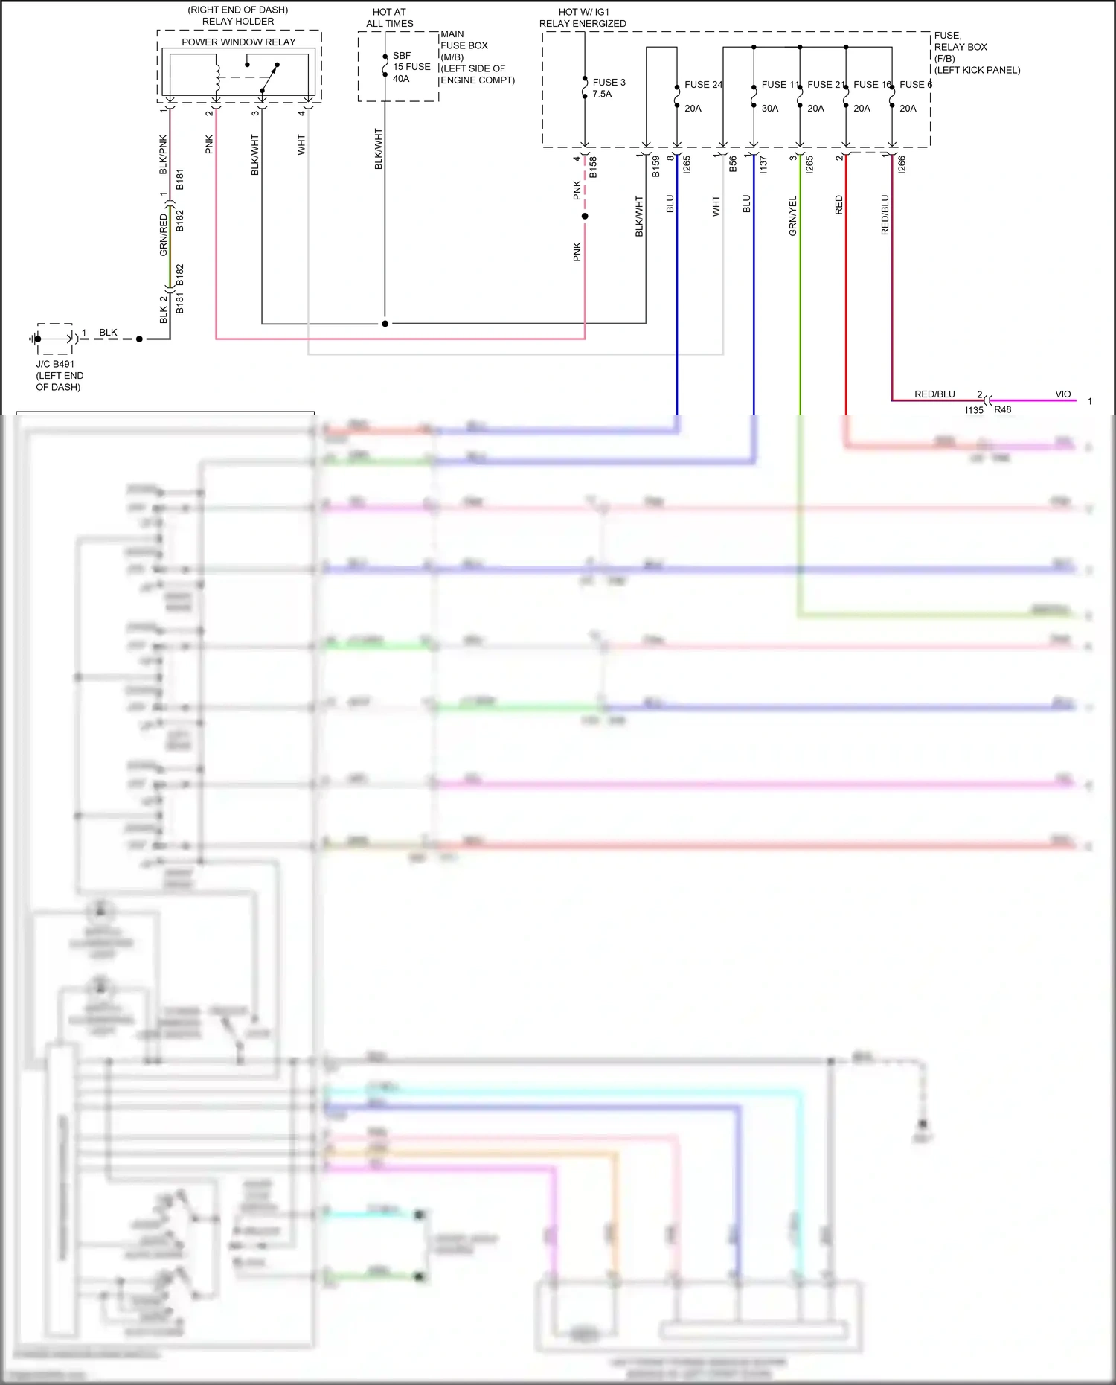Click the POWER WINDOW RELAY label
coord(238,42)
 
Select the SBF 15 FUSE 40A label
coord(411,67)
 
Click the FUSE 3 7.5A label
coord(609,88)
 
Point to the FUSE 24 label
coord(702,85)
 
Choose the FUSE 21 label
coord(825,85)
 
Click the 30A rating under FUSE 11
coord(769,109)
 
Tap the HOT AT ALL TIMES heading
coord(389,18)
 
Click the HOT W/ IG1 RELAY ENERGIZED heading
coord(583,18)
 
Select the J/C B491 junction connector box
coord(54,339)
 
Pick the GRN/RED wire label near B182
coord(164,234)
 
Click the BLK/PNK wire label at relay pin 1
coord(164,155)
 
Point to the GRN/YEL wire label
coord(793,216)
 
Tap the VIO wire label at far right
coord(1062,394)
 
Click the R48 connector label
coord(1002,410)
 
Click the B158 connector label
coord(593,167)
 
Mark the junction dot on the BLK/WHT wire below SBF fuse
coord(385,324)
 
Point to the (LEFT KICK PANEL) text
coord(977,70)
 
